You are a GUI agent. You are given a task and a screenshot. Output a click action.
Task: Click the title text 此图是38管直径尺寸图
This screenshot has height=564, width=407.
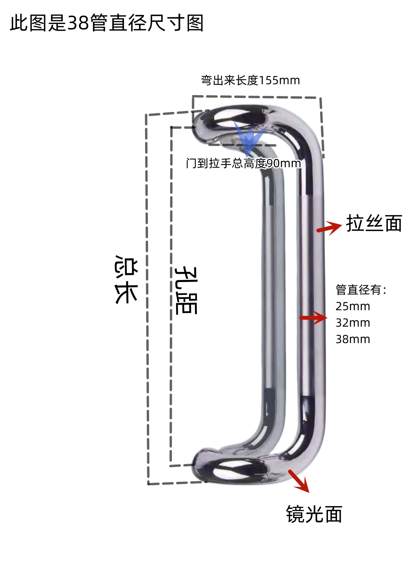coord(107,23)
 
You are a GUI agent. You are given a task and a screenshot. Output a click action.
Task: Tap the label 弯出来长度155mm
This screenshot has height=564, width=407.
coord(250,81)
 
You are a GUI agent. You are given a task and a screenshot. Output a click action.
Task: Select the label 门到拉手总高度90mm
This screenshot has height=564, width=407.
coord(243,163)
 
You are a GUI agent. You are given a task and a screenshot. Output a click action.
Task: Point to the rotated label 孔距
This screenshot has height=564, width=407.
coord(186,290)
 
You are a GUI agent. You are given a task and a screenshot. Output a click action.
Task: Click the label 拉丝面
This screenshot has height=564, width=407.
coord(374,223)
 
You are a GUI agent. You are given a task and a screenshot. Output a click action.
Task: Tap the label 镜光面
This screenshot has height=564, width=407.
coord(314,514)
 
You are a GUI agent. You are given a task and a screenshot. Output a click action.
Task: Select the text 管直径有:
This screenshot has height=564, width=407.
coord(361,290)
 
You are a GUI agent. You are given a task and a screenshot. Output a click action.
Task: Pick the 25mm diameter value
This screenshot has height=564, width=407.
coord(353,306)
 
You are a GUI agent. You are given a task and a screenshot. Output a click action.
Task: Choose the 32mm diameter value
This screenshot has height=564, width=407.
coord(353,323)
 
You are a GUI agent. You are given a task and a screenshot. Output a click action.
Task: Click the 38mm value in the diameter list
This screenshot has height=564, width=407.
coord(353,339)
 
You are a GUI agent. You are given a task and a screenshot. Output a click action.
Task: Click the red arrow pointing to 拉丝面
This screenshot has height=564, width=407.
coord(329,228)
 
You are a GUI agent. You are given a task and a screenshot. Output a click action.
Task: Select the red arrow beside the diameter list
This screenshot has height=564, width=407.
coord(313,318)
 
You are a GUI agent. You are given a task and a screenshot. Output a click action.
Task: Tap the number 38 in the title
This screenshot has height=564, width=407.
coord(78,23)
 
